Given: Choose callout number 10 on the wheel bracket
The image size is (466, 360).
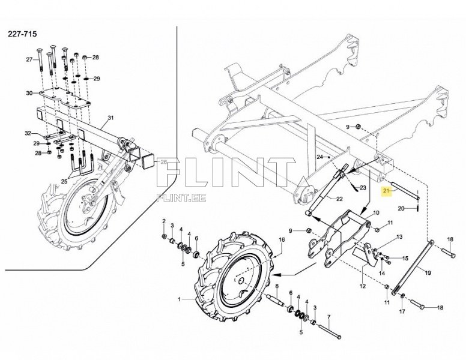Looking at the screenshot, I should [376, 213].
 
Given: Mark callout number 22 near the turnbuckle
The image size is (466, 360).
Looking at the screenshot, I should [339, 199].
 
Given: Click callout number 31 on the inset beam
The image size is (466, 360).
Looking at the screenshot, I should [110, 117].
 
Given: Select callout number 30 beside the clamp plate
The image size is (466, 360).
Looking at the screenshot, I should [29, 93].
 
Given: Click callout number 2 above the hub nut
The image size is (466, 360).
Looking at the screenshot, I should [164, 222].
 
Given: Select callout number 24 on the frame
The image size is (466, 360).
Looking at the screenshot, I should [320, 157].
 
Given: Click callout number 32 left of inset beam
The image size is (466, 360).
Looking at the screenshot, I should [28, 133].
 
